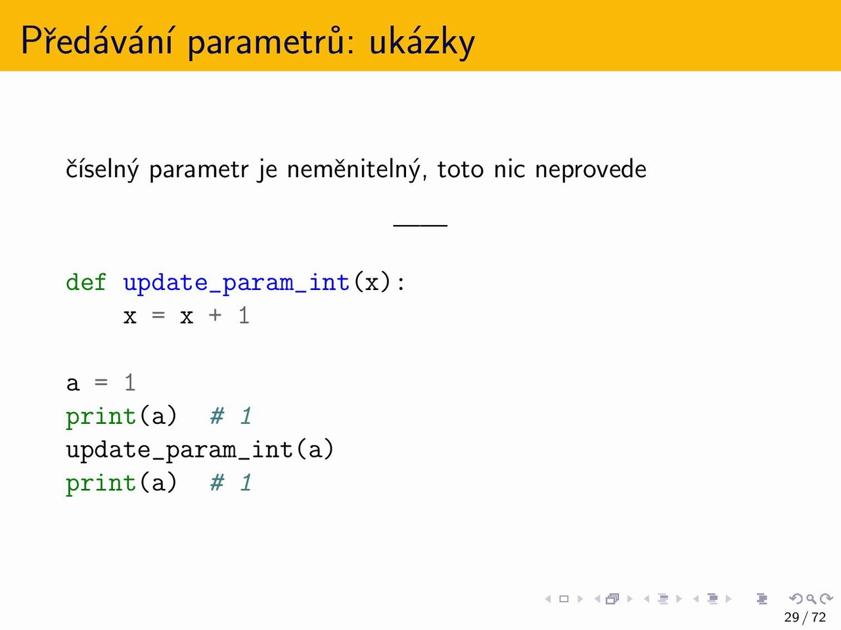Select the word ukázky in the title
(x=422, y=42)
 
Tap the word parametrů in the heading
(x=266, y=42)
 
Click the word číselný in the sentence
(x=102, y=169)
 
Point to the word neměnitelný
(x=357, y=169)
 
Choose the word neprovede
(x=591, y=170)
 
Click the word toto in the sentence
(x=460, y=170)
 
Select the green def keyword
(x=86, y=282)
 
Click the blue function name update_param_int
(x=237, y=283)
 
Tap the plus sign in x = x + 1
(x=215, y=315)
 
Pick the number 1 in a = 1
(x=130, y=383)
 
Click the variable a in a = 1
(x=73, y=384)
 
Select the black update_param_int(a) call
(x=200, y=450)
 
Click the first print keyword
(x=101, y=417)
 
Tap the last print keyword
(x=101, y=484)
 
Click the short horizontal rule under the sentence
(x=420, y=225)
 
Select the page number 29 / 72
(x=805, y=617)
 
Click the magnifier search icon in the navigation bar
(x=811, y=598)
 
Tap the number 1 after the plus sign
(x=244, y=316)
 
